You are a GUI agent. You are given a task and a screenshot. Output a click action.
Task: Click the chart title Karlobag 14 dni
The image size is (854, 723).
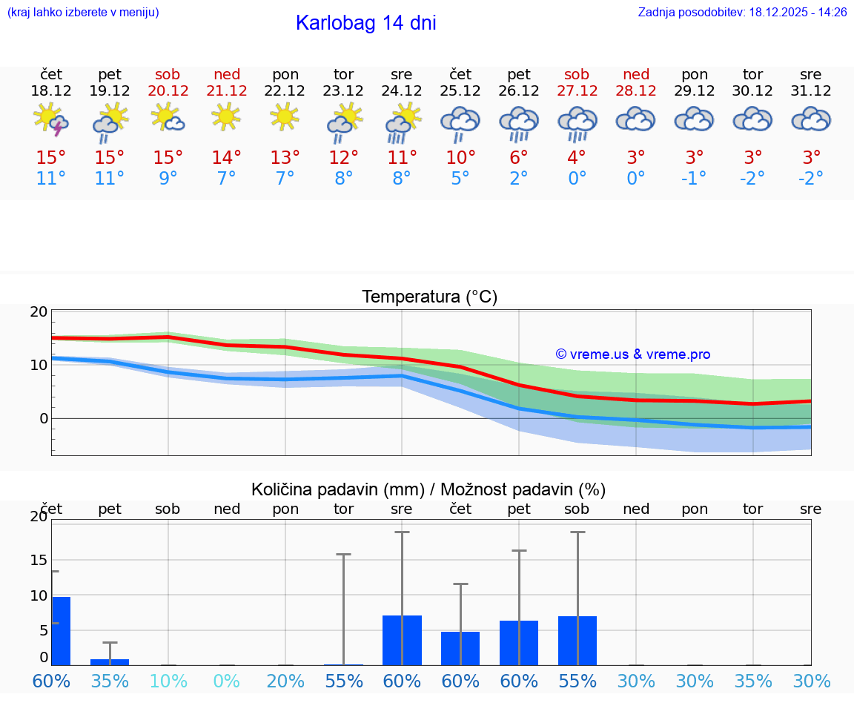click(365, 23)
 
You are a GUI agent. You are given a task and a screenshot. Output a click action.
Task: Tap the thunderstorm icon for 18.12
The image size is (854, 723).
click(51, 120)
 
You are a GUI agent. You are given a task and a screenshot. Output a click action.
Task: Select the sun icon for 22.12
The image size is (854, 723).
click(285, 117)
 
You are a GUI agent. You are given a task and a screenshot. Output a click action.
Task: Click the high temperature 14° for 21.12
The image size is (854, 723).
click(227, 157)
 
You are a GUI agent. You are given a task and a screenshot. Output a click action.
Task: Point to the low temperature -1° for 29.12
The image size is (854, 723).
click(695, 178)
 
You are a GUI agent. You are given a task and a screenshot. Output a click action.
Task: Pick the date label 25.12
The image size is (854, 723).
click(460, 91)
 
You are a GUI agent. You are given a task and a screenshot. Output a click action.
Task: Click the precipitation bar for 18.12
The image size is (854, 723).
click(61, 630)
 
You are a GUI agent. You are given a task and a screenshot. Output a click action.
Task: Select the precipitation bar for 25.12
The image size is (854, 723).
click(460, 648)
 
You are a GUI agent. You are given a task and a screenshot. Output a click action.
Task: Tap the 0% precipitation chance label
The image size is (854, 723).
click(227, 681)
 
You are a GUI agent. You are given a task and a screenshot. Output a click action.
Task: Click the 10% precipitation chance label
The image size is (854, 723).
click(168, 681)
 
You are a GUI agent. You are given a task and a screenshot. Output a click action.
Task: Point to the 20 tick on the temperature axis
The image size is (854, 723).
click(39, 311)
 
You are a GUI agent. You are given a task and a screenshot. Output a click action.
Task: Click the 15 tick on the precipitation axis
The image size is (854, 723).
click(39, 560)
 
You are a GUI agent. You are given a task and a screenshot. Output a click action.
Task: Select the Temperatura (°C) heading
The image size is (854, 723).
click(429, 297)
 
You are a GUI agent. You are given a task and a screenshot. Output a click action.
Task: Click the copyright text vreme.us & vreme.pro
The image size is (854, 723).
click(633, 354)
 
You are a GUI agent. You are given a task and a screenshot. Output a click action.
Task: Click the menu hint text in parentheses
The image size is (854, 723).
click(82, 13)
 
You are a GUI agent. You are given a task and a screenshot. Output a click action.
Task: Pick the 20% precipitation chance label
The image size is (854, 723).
click(285, 681)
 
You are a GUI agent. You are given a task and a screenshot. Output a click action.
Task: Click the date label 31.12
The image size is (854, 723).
click(811, 91)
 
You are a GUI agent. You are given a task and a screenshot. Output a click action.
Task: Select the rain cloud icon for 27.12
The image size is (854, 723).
click(577, 123)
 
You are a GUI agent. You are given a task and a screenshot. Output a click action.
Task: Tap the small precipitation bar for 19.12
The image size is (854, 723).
click(110, 661)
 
